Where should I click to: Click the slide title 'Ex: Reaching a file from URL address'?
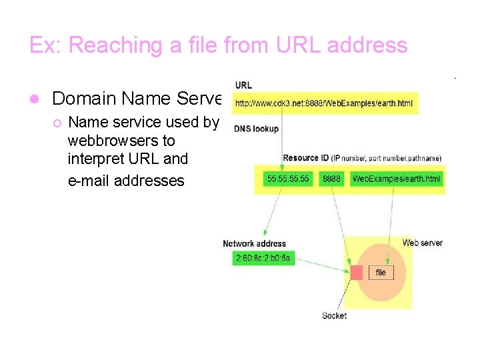coord(218,45)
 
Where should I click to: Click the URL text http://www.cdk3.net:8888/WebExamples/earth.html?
coord(324,103)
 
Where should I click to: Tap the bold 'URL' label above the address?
coord(243,85)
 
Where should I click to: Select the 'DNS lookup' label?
coord(257,128)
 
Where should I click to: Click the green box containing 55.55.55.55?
coord(289,179)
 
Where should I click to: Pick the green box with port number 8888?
coord(331,179)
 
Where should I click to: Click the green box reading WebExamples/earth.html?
coord(396,179)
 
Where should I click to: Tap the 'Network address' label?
coord(254,244)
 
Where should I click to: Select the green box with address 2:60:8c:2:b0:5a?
coord(263,258)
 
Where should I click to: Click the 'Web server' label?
coord(422,243)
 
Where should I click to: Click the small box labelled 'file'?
coord(381,273)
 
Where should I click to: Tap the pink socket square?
coord(357,272)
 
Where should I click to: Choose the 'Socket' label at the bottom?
coord(334,315)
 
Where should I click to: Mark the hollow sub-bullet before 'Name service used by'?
coord(57,123)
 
